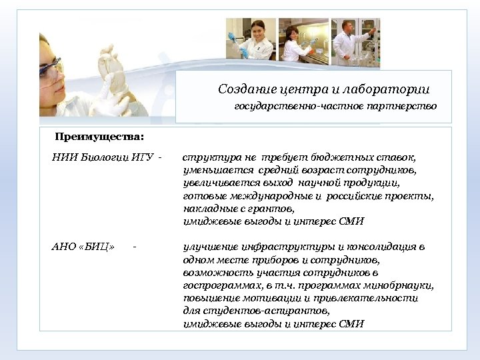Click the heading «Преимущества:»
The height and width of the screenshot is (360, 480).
pos(99,137)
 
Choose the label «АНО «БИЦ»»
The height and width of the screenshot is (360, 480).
pos(83,247)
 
